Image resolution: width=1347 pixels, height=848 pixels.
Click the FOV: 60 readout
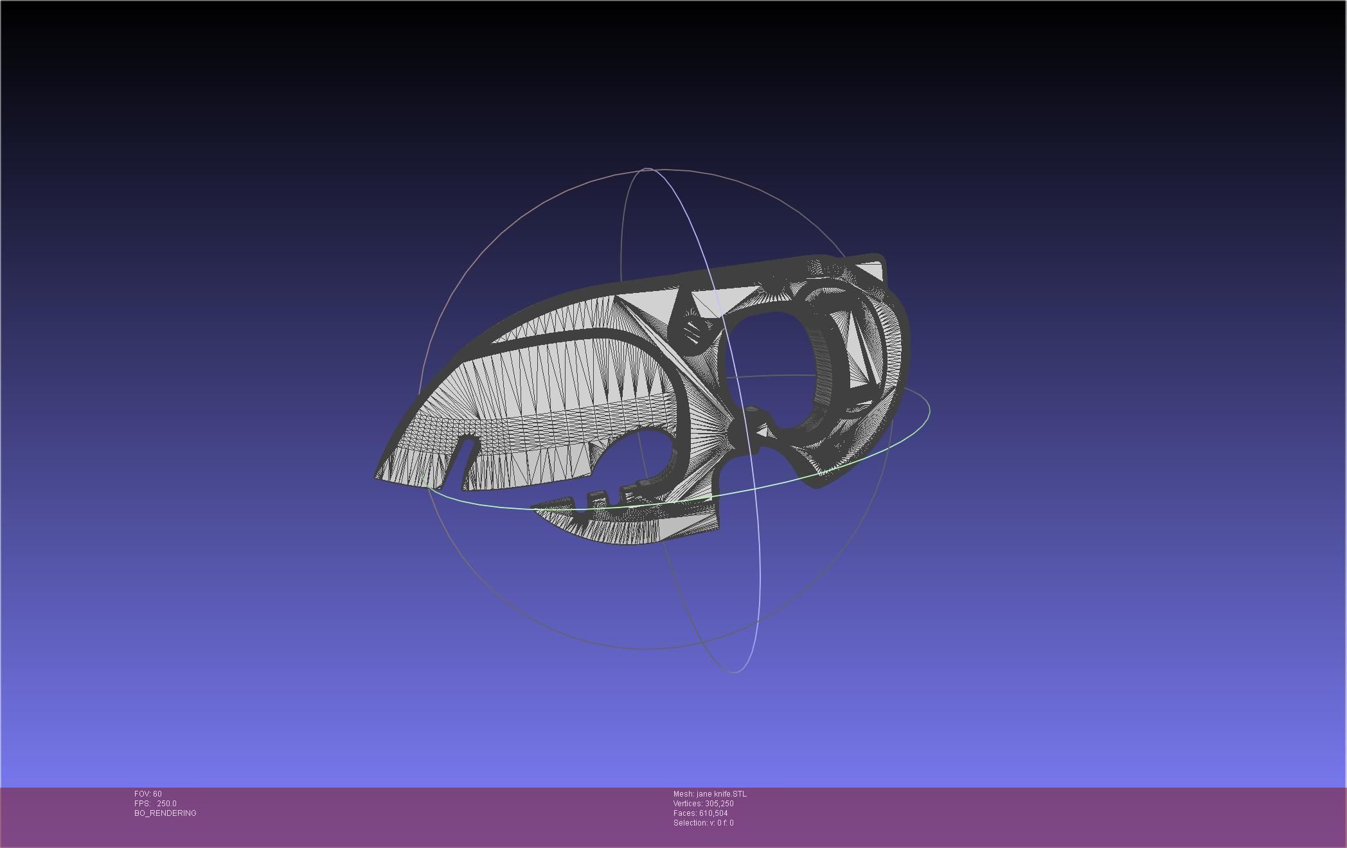(x=148, y=794)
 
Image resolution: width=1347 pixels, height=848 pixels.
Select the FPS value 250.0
(x=166, y=804)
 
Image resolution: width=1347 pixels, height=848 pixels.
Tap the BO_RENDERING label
(x=165, y=813)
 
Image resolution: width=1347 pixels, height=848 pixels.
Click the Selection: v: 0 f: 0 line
(x=703, y=823)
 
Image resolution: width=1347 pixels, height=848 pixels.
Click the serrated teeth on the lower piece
(x=598, y=497)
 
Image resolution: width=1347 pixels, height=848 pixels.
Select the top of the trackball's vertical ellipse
(x=647, y=169)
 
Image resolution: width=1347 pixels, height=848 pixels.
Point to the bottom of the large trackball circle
(x=649, y=649)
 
